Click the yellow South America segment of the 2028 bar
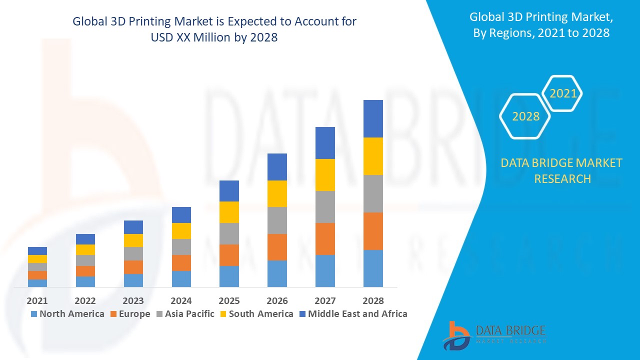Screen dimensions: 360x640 coord(373,156)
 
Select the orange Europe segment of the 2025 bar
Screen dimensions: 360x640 coord(229,255)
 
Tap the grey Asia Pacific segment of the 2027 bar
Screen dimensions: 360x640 coord(325,207)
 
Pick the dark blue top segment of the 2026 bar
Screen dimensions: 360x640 coord(277,167)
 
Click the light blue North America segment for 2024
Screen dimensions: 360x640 coord(181,279)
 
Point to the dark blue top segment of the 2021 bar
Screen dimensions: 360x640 coord(37,251)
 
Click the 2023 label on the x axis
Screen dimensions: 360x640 coord(133,301)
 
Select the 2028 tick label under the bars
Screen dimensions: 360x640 coord(373,301)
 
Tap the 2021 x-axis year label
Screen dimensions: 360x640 coord(37,301)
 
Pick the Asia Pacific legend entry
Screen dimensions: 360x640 coord(185,314)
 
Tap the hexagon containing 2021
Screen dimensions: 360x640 coord(563,93)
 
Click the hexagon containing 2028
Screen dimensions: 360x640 coord(525,116)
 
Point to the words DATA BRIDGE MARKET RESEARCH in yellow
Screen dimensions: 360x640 coord(561,170)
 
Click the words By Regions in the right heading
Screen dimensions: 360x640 coord(500,33)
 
